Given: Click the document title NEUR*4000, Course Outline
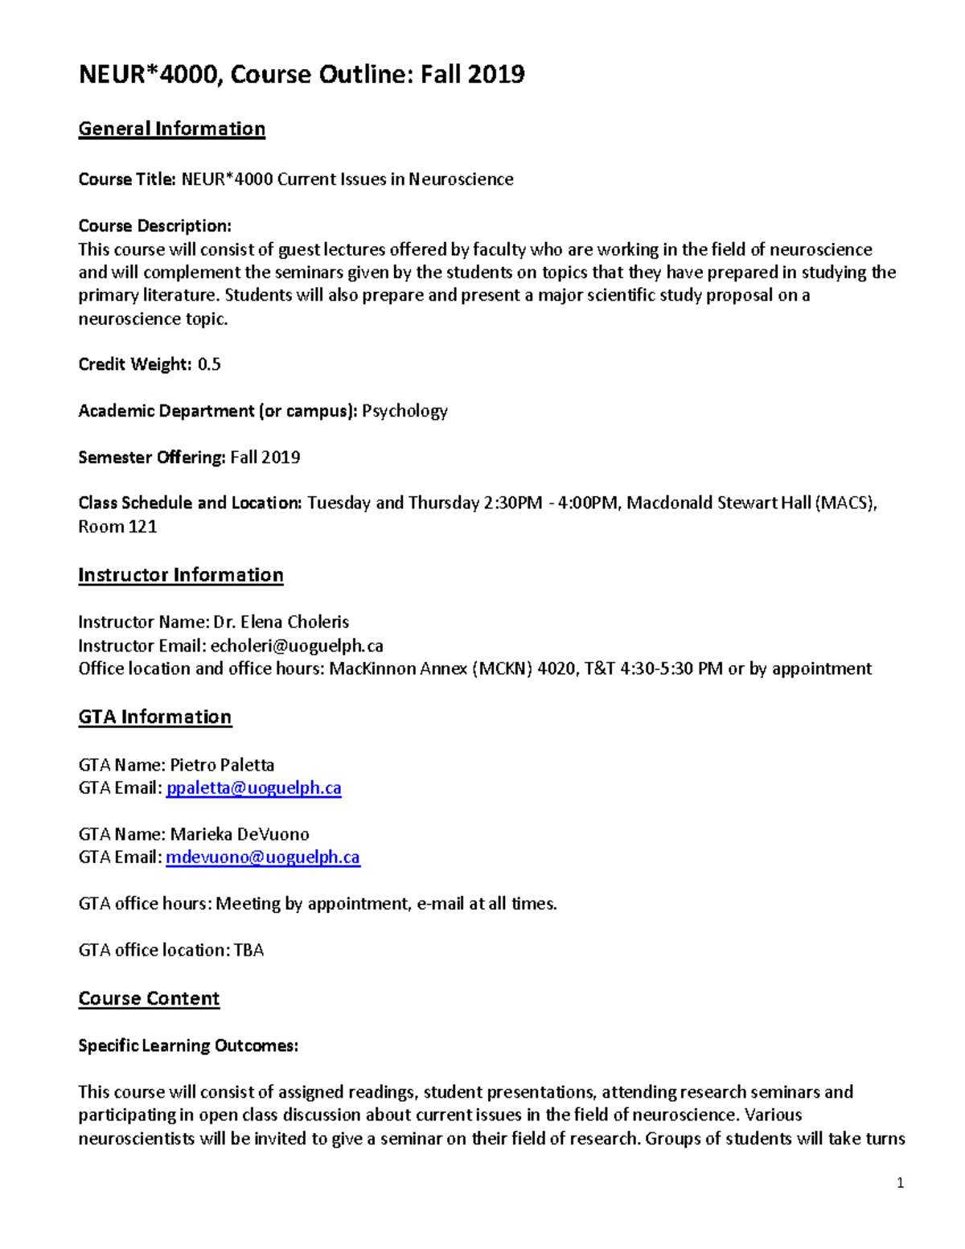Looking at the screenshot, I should pyautogui.click(x=302, y=75).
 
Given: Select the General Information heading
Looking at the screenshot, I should pyautogui.click(x=171, y=129).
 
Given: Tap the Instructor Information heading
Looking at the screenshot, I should pyautogui.click(x=180, y=575).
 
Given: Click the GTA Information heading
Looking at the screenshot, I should pyautogui.click(x=154, y=717).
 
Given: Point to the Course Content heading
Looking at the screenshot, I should pyautogui.click(x=149, y=998).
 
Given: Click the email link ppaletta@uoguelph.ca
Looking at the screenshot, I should pyautogui.click(x=253, y=788).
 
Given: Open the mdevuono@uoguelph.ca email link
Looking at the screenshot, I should pyautogui.click(x=263, y=857).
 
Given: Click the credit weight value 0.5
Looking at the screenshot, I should pyautogui.click(x=209, y=364).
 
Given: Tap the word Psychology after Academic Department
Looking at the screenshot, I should pyautogui.click(x=404, y=411).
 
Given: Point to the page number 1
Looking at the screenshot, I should pyautogui.click(x=900, y=1183).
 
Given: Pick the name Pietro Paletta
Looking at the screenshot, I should pyautogui.click(x=222, y=765).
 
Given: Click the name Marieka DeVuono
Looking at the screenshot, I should pyautogui.click(x=240, y=834).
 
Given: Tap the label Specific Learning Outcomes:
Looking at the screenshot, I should pyautogui.click(x=188, y=1046).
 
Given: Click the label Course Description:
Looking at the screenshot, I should pyautogui.click(x=154, y=226).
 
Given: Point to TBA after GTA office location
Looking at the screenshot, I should pyautogui.click(x=248, y=951).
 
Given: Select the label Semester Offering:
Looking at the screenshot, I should pyautogui.click(x=152, y=458).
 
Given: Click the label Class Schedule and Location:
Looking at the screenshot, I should pyautogui.click(x=190, y=503).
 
